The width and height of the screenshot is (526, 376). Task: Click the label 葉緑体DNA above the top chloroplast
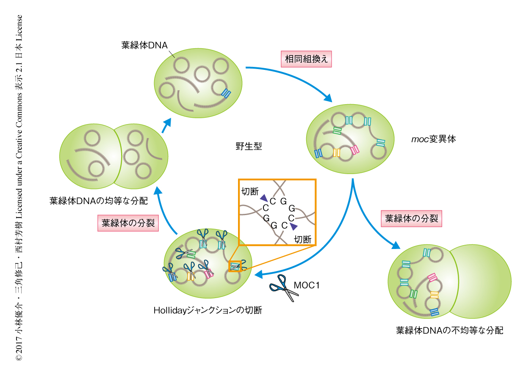144,45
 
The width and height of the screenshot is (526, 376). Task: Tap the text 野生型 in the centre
249,147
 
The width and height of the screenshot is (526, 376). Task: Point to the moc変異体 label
434,139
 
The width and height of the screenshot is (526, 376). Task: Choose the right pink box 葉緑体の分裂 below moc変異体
412,219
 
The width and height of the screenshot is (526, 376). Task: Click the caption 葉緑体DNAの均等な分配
99,201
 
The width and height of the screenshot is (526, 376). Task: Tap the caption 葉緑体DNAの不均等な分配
449,330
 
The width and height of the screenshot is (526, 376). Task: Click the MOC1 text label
306,285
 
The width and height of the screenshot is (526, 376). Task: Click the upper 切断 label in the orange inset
249,191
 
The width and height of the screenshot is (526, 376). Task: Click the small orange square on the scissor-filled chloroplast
235,266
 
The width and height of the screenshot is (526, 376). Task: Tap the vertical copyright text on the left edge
19,188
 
